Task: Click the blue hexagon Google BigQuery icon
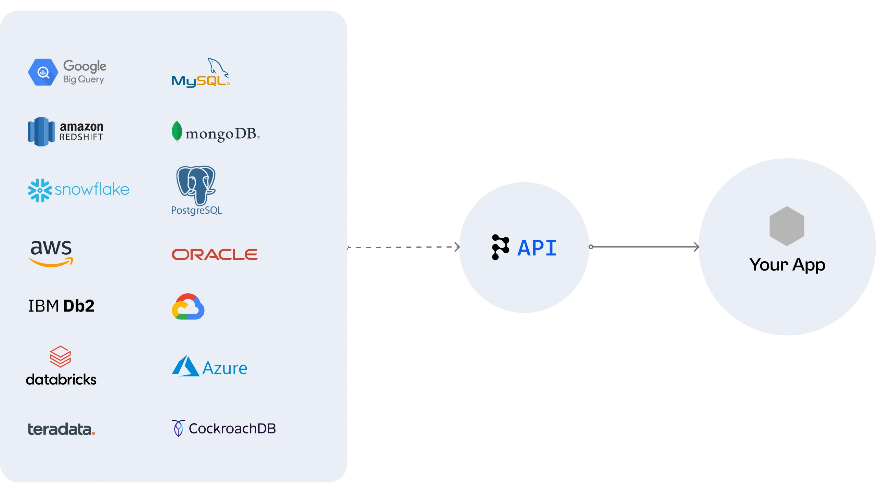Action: click(x=43, y=72)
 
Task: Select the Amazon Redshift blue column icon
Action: click(x=41, y=132)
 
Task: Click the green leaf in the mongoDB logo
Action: click(x=177, y=131)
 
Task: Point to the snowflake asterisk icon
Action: click(x=40, y=190)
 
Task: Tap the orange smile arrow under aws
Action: click(x=51, y=263)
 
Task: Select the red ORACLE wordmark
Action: click(x=215, y=254)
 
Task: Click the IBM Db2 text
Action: click(x=61, y=306)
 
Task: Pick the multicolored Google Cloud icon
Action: click(x=188, y=307)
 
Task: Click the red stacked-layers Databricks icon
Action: click(x=60, y=356)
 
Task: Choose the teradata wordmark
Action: click(x=61, y=429)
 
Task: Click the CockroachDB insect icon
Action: click(x=178, y=428)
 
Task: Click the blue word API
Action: click(x=537, y=248)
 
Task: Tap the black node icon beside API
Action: click(x=500, y=247)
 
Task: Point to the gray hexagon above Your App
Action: click(x=787, y=226)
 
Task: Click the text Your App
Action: click(x=787, y=265)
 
